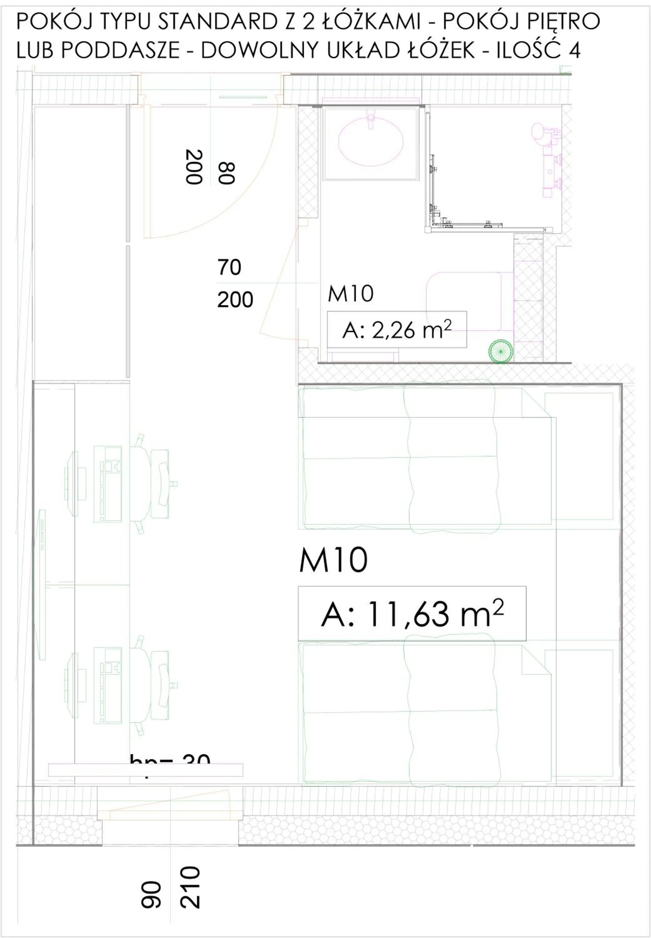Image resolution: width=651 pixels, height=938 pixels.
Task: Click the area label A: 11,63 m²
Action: [412, 614]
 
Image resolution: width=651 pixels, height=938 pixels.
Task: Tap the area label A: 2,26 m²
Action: [396, 330]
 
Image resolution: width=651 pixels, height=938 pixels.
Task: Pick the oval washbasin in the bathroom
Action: [371, 143]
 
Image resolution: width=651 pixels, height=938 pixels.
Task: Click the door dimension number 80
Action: [226, 173]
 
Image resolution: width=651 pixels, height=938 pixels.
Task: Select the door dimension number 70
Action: [229, 268]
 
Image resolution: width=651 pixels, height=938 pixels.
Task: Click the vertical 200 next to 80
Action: [194, 167]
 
